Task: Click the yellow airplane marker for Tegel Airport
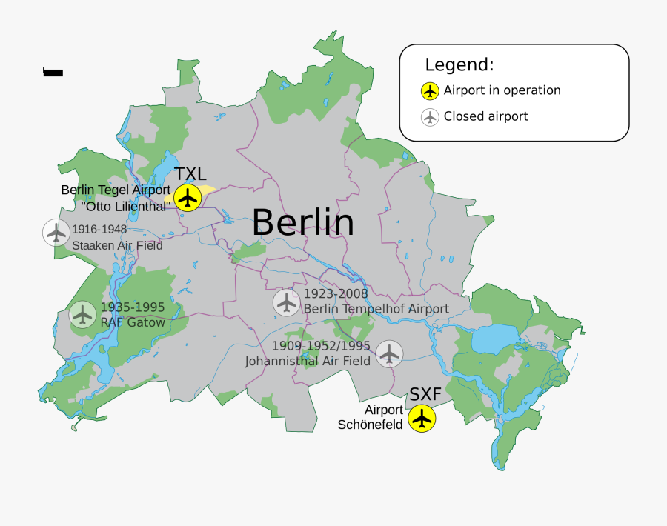coord(188,198)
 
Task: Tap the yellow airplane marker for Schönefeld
coord(422,418)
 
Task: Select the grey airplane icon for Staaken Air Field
coord(56,233)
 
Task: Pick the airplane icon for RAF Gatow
coord(82,314)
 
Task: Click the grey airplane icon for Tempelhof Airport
coord(286,302)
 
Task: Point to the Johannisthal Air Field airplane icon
coord(389,353)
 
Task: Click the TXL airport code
coord(190,175)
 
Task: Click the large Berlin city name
coord(302,222)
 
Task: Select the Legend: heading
coord(459,64)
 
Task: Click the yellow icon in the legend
coord(430,91)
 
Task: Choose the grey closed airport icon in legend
coord(430,117)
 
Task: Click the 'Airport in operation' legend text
coord(502,90)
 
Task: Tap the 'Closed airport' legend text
coord(485,116)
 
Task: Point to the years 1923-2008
coord(336,294)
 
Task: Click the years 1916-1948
coord(99,229)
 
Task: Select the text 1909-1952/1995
coord(321,346)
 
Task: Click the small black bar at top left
coord(53,72)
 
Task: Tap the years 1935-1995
coord(133,307)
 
